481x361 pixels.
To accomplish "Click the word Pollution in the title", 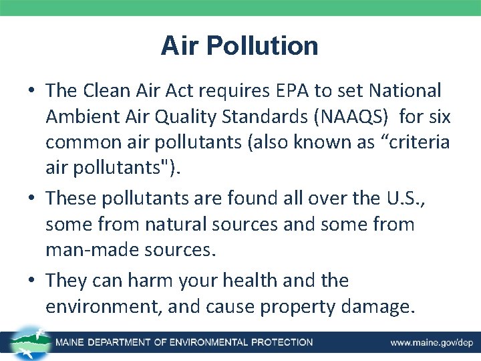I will click(263, 46).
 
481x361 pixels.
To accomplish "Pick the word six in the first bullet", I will click(438, 117).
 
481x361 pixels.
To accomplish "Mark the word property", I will click(301, 307).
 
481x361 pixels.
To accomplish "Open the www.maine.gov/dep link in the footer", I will click(432, 343).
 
